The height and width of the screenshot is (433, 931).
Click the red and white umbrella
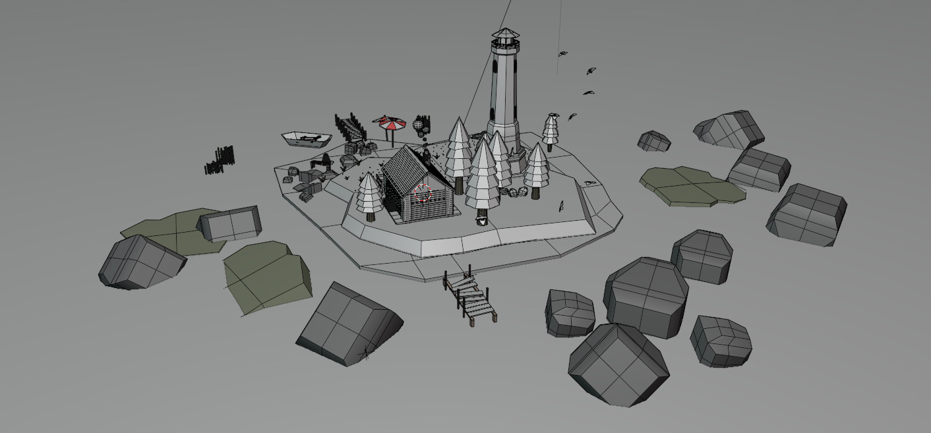(389, 123)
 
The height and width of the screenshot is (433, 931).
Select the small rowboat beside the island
(307, 139)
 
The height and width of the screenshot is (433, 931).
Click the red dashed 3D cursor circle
(423, 193)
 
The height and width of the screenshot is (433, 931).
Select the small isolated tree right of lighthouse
(551, 130)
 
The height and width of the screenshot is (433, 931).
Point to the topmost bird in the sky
(562, 54)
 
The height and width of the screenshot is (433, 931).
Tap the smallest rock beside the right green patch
(653, 141)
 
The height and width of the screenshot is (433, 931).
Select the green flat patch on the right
(692, 186)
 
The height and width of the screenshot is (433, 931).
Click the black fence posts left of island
(220, 160)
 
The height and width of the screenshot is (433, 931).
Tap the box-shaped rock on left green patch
(229, 223)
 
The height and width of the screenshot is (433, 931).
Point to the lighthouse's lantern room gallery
(505, 45)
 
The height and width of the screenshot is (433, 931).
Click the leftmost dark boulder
(140, 262)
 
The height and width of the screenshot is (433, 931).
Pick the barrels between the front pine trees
(514, 192)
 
